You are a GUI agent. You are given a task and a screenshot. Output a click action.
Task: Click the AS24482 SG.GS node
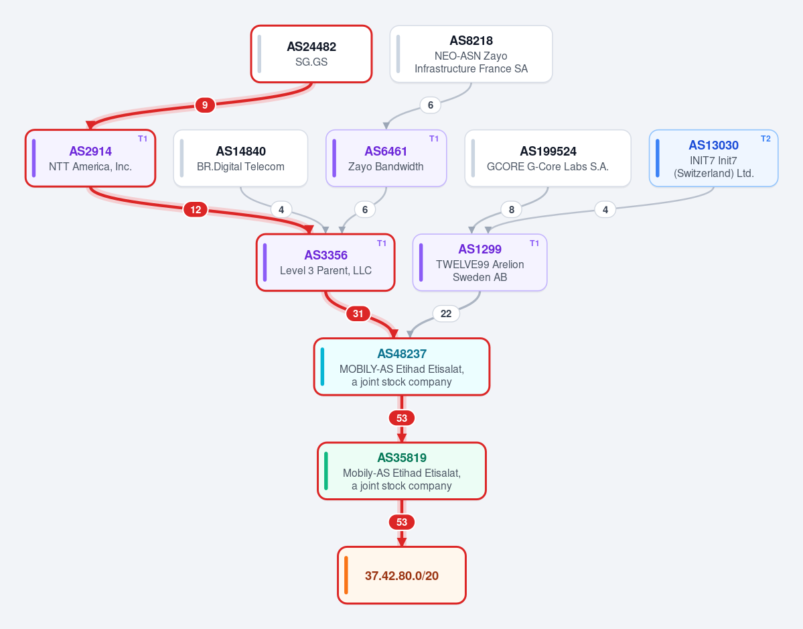point(311,54)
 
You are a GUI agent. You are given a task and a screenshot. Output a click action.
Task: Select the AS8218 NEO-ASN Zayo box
point(471,54)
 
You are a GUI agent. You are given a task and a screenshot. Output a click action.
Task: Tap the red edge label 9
point(205,105)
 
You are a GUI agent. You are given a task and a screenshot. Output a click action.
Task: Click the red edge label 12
point(196,210)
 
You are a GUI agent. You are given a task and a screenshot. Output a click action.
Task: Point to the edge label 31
point(358,314)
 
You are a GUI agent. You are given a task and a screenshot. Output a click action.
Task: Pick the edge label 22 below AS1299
point(446,314)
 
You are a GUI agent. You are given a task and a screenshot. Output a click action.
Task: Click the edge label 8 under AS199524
point(512,209)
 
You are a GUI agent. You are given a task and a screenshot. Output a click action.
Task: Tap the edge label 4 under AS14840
point(281,210)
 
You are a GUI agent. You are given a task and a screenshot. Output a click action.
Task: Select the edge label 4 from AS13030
point(605,209)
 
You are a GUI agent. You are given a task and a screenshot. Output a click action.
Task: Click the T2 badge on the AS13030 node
point(765,139)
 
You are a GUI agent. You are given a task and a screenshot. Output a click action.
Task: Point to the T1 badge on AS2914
point(143,139)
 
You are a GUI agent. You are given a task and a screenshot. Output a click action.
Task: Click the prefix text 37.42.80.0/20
point(402,575)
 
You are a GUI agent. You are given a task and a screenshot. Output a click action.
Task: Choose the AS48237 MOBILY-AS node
point(402,367)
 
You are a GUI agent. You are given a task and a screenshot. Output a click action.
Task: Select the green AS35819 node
point(402,471)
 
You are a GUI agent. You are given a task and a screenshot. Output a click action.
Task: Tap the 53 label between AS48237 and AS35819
point(402,418)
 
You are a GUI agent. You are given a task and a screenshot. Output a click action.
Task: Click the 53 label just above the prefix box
point(402,522)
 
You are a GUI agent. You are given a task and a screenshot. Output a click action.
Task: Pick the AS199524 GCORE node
point(547,158)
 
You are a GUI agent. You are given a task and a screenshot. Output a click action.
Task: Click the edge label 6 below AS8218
point(430,105)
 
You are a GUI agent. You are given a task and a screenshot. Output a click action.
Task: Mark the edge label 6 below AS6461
point(364,210)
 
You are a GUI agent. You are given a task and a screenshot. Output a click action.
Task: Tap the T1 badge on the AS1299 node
point(534,243)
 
